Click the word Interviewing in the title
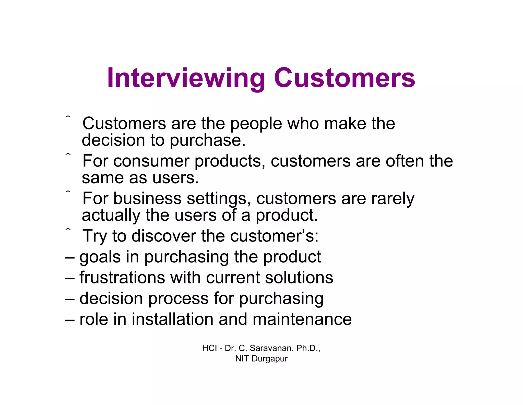186,78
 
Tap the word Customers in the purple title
344,78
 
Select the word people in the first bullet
256,124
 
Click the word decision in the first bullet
113,140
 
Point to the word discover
164,236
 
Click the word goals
100,257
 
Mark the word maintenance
302,319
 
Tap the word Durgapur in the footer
269,359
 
